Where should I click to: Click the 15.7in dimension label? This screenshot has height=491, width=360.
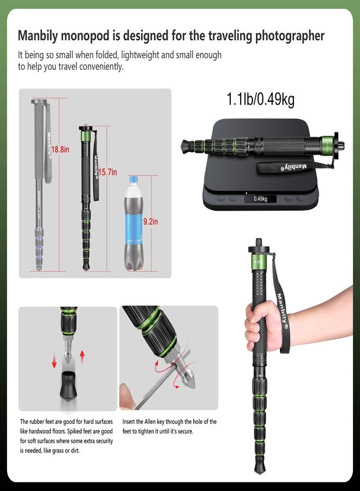pyautogui.click(x=108, y=172)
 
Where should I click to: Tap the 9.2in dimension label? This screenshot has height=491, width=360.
pyautogui.click(x=151, y=221)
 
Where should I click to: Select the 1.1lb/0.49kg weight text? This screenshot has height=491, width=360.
pyautogui.click(x=260, y=99)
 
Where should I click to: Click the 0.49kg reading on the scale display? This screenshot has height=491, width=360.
pyautogui.click(x=260, y=199)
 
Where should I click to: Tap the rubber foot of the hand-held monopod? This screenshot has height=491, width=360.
pyautogui.click(x=259, y=468)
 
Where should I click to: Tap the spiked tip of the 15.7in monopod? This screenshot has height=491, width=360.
pyautogui.click(x=86, y=268)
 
